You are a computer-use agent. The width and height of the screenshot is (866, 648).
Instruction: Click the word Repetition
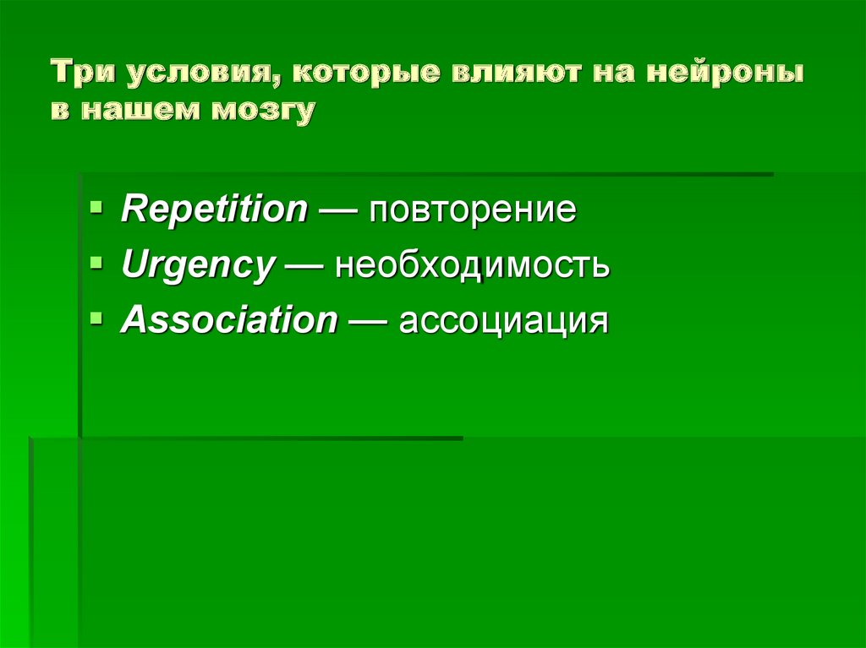pos(214,210)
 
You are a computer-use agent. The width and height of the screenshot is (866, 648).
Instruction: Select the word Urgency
pos(197,267)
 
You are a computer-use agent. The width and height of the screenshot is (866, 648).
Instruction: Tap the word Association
pos(228,321)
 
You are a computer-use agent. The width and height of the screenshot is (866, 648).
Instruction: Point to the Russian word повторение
pos(471,210)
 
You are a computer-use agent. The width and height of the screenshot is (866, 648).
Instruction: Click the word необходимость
pos(471,267)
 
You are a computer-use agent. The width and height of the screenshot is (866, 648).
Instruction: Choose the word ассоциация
pos(504,321)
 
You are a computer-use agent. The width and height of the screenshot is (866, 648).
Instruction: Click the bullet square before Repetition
pos(98,205)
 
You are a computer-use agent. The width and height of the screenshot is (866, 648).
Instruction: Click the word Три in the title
pos(85,75)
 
